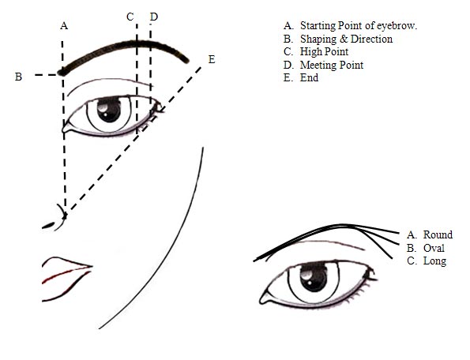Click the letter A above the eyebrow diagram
tap(63, 26)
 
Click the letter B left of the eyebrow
tap(18, 77)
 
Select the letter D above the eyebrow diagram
tap(153, 17)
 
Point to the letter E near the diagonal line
tap(210, 59)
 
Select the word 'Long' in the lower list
tap(434, 261)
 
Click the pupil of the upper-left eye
tap(110, 111)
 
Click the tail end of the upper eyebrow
tap(188, 59)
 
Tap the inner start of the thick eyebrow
tap(65, 72)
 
